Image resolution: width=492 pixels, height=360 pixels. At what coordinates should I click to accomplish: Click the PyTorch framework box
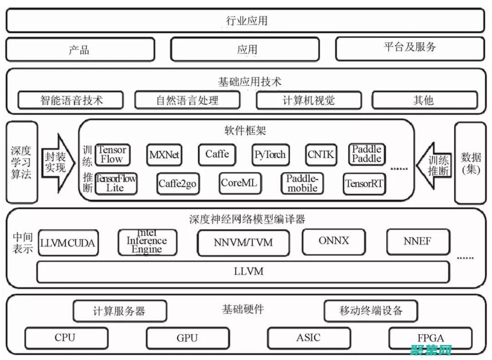point(271,155)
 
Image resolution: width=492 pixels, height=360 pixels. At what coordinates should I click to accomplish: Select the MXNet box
point(164,155)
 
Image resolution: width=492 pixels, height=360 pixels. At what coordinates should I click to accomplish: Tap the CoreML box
point(239,183)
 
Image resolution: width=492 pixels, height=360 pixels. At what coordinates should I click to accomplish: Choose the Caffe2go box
point(177,184)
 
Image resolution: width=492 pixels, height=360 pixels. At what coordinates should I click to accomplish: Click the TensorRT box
point(364,184)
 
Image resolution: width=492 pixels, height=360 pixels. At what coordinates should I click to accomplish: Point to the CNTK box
point(321,155)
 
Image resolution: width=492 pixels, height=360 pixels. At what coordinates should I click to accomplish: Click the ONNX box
point(334,241)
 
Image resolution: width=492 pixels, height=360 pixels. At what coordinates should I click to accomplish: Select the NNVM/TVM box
point(243,242)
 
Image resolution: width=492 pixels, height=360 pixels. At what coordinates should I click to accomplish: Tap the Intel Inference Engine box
point(147,242)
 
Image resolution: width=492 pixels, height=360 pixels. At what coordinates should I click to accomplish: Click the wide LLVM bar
point(243,272)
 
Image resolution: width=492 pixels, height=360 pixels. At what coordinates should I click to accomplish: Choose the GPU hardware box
point(187,338)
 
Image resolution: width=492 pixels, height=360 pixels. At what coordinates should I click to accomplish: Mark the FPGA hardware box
point(430,338)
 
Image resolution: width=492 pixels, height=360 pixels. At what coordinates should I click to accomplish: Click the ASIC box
point(308,338)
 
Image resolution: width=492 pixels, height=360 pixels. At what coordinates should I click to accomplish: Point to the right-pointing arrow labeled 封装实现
point(57,162)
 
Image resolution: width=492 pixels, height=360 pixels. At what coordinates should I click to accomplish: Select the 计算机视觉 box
point(308,100)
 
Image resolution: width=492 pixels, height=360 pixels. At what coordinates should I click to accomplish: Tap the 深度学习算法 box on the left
point(21,162)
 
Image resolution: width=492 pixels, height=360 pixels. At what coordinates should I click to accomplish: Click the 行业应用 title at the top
point(246,21)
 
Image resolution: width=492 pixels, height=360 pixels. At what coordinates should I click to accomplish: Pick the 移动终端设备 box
point(371,311)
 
